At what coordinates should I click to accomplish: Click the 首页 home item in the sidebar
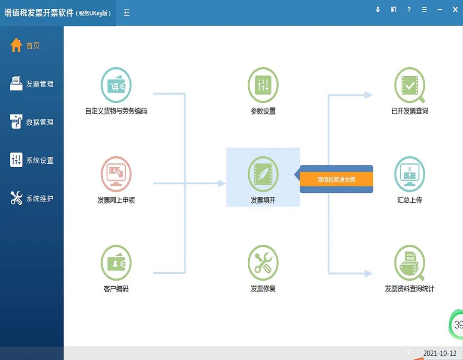point(25,45)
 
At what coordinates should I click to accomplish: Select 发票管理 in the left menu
point(32,84)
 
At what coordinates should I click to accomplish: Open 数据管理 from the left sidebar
point(32,122)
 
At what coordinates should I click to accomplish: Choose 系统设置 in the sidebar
point(32,160)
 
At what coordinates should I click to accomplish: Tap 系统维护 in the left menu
point(32,198)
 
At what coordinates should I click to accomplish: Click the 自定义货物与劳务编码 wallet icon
point(116,85)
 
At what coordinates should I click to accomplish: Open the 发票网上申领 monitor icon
point(116,174)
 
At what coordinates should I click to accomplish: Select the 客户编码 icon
point(116,263)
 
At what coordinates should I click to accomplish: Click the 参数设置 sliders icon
point(263,85)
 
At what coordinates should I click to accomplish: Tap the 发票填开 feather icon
point(263,174)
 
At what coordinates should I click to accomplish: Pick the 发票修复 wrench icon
point(263,263)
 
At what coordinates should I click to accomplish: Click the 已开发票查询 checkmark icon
point(409,85)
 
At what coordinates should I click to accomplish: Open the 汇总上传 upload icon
point(409,174)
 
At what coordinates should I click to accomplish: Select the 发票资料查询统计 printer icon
point(409,263)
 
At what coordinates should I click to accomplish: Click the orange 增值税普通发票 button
point(337,180)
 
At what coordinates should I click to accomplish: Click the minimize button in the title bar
point(440,10)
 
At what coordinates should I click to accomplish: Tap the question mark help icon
point(409,10)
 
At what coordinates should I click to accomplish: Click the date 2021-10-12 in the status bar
point(440,353)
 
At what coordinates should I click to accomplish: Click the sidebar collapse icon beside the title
point(126,13)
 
